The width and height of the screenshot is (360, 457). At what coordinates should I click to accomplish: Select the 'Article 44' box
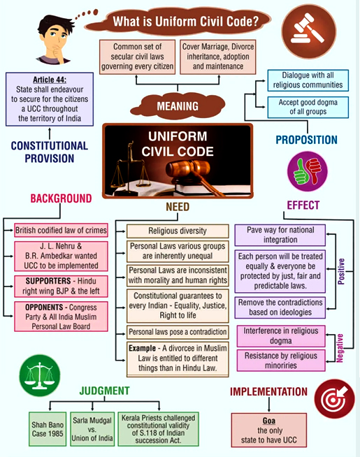pos(50,100)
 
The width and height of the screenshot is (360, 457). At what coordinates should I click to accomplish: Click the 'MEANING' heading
pos(178,107)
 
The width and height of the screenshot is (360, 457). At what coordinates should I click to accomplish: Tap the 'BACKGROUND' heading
pos(61,198)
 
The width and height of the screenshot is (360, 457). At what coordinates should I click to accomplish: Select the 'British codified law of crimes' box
pos(61,231)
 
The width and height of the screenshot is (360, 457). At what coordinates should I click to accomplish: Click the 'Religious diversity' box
pos(178,231)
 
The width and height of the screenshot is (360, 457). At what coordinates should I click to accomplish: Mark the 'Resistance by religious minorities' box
pos(280,359)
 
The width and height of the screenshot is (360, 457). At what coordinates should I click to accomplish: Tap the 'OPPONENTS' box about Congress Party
pos(61,317)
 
